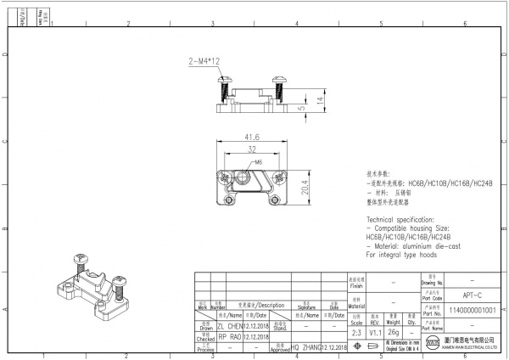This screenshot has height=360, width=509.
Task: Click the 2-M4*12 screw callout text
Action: (204, 61)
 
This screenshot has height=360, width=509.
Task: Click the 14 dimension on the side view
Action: (320, 99)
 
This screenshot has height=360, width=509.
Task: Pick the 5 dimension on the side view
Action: (301, 109)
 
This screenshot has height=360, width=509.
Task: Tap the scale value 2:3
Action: (355, 334)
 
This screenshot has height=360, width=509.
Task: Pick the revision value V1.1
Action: (375, 334)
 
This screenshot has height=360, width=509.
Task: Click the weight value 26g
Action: (393, 334)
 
